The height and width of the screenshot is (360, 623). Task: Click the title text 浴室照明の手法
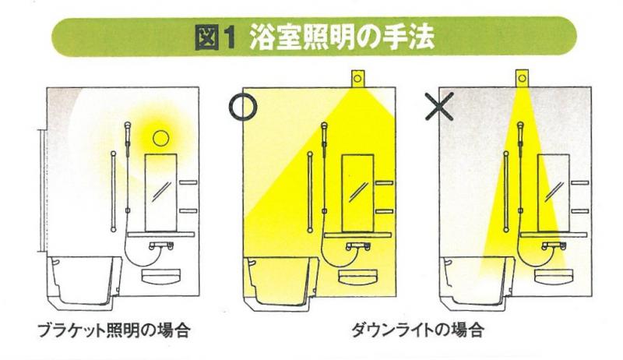coord(342,37)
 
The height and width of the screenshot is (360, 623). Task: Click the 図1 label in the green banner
coord(216,37)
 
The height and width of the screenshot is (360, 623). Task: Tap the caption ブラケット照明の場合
coord(114,330)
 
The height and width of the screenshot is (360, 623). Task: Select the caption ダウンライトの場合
coord(417,330)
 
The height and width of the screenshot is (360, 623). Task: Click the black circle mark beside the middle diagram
coord(243,107)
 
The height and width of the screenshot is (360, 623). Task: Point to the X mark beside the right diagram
coord(439,107)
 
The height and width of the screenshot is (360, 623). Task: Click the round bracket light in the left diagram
coord(161,138)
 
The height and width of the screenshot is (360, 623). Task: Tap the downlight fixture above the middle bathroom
coord(357,79)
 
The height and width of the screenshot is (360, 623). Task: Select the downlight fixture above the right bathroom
coord(522,78)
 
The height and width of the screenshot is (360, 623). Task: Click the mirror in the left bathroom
coord(161,193)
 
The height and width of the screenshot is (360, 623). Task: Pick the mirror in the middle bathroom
coord(357,193)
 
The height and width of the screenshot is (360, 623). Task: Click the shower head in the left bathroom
coord(128,131)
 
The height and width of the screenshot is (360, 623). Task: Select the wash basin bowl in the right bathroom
coord(554,277)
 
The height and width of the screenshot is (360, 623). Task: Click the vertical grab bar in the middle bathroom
coord(310,192)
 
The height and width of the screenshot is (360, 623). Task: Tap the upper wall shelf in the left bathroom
coord(188,182)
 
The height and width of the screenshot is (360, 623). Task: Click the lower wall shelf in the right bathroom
coord(580,211)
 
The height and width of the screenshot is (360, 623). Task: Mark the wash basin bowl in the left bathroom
coord(161,277)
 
